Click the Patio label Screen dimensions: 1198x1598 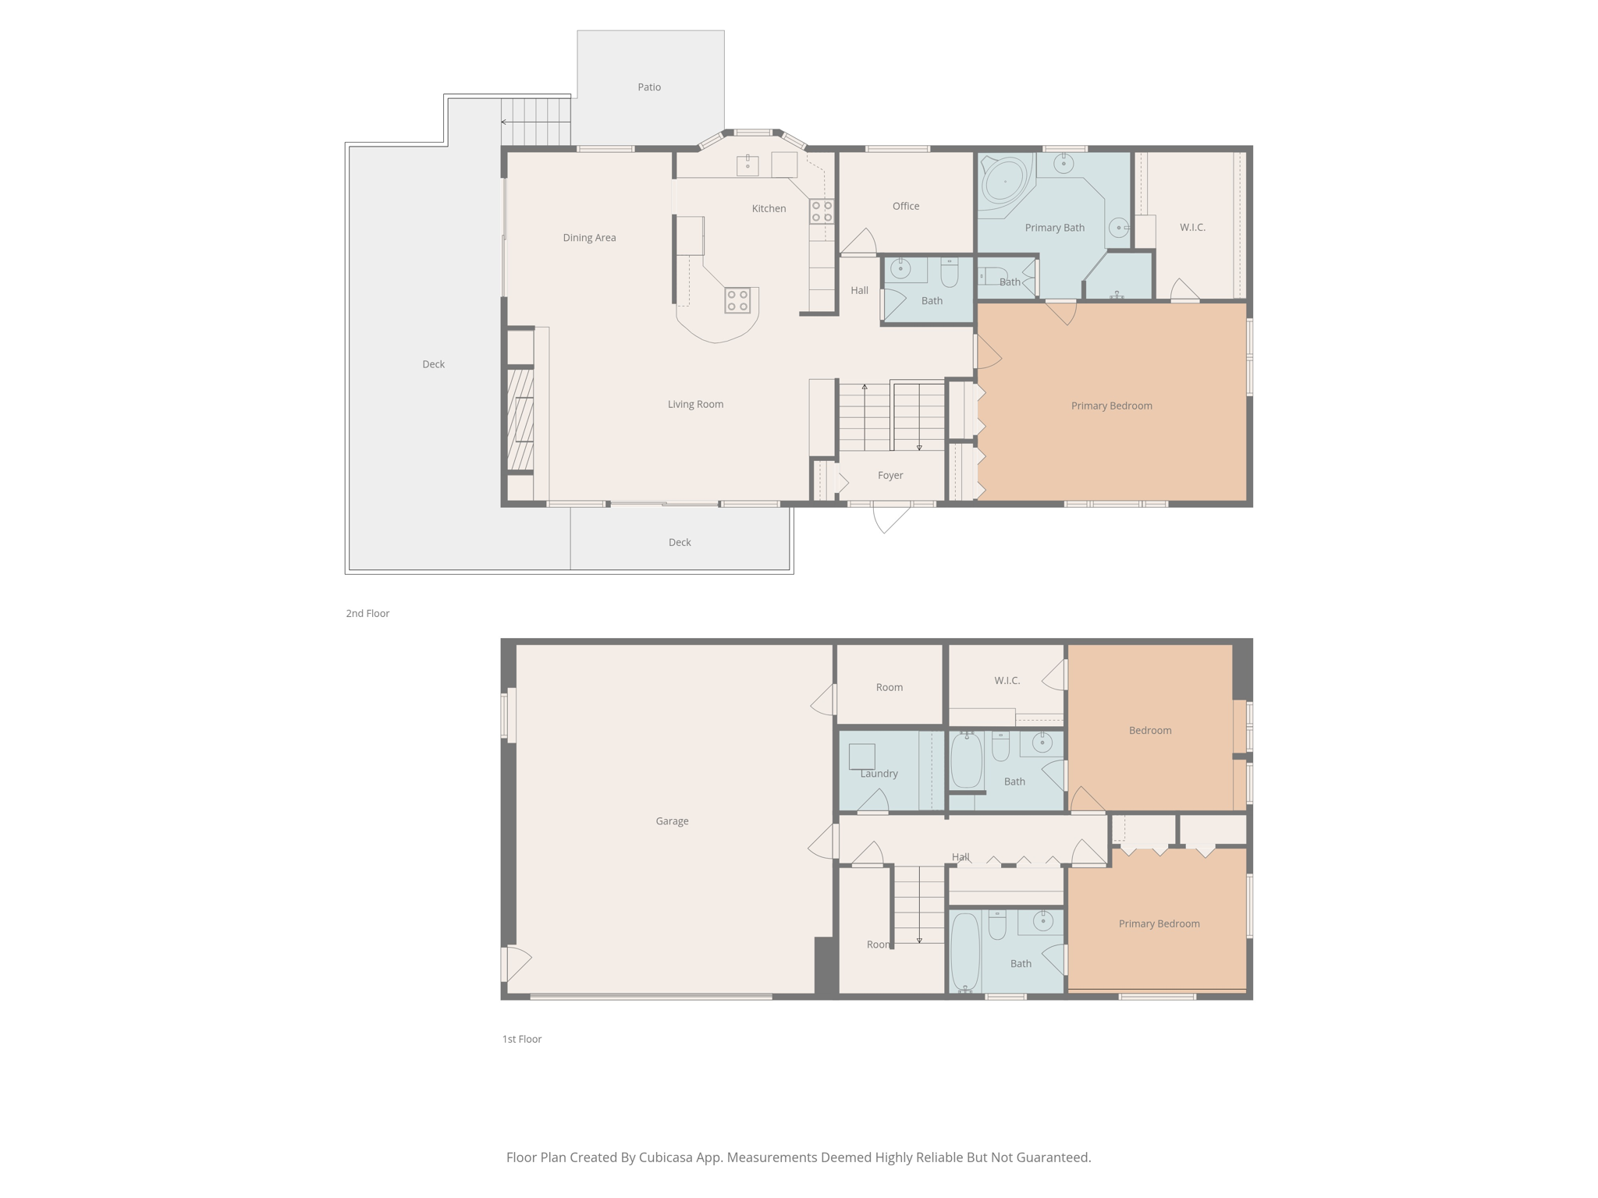(649, 87)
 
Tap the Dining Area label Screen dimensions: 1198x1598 (589, 238)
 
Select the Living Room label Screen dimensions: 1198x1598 (695, 404)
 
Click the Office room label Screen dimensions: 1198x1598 (906, 206)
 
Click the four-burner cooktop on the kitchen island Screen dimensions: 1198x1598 (737, 300)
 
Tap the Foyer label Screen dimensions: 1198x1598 (890, 475)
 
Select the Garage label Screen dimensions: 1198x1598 (672, 821)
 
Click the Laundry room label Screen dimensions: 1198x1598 (879, 774)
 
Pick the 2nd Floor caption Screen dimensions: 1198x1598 (368, 614)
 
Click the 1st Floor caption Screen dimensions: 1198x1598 (521, 1039)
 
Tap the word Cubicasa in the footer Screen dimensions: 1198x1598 (668, 1157)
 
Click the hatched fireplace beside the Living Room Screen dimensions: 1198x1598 (520, 420)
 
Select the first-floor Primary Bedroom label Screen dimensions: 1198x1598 (1159, 923)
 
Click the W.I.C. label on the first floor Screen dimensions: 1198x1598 (1007, 681)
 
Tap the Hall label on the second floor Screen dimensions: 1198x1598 (859, 290)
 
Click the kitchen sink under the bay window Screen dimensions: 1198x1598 (748, 165)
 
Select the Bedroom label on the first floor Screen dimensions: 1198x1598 (1150, 731)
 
